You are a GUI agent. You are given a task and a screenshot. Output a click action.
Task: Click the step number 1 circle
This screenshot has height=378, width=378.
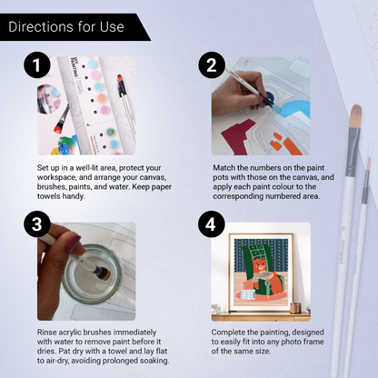(x=37, y=65)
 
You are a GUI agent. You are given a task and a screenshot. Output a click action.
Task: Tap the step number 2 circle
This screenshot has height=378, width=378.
(x=212, y=65)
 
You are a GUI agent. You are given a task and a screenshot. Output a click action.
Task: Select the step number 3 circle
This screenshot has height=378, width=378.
(x=37, y=224)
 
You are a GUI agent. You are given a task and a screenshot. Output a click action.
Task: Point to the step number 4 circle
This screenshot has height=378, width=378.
(x=212, y=224)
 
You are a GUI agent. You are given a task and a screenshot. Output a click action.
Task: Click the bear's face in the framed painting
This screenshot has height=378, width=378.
(x=260, y=266)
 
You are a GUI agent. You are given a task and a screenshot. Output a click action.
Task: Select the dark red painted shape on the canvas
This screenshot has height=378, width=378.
(x=239, y=136)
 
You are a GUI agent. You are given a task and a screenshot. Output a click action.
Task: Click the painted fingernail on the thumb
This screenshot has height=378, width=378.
(x=72, y=244)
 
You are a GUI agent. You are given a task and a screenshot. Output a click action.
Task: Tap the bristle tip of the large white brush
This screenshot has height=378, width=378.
(x=355, y=116)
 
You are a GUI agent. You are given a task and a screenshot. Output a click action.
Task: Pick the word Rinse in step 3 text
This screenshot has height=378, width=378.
(x=46, y=333)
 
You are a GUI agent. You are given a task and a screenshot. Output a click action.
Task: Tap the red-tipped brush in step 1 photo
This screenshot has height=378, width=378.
(x=62, y=119)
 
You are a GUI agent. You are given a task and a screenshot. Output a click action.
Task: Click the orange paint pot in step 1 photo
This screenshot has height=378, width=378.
(x=102, y=98)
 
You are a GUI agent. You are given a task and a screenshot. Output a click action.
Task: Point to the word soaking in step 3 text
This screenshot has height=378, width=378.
(x=154, y=361)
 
